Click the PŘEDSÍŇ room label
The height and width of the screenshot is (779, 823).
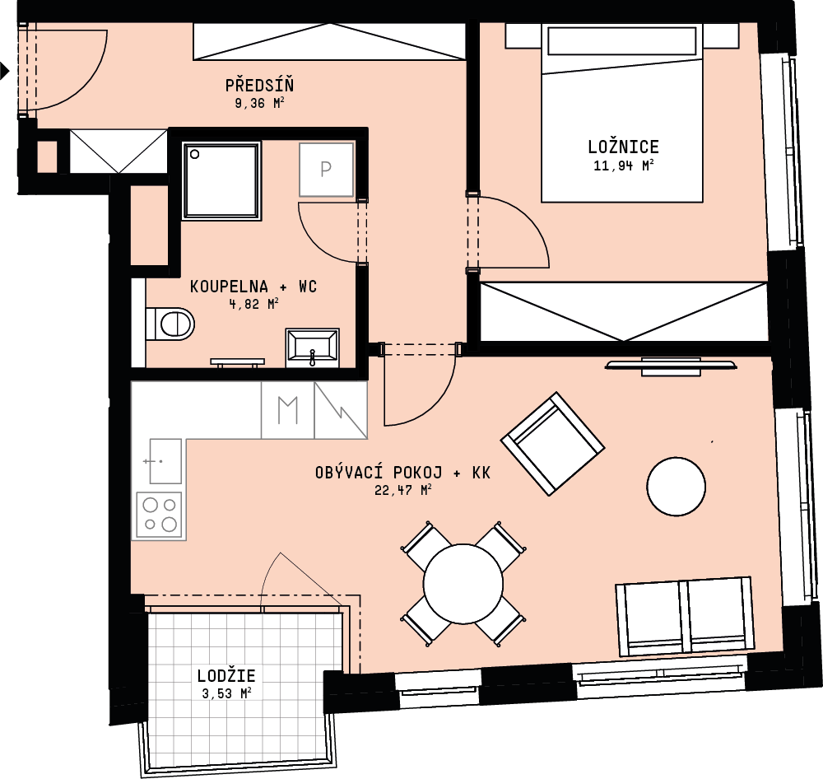(x=259, y=85)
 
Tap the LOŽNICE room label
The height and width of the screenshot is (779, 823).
(x=624, y=147)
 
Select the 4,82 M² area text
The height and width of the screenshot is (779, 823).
(x=253, y=304)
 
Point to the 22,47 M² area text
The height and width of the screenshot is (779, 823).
(x=403, y=490)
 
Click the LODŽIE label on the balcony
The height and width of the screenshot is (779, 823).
(x=226, y=675)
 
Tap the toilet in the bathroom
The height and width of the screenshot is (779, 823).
(x=170, y=324)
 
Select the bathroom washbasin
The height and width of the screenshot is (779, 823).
(x=312, y=348)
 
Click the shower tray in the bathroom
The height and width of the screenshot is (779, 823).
(x=221, y=180)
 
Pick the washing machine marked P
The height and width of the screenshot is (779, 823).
(x=326, y=170)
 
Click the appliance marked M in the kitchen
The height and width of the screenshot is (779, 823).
(x=287, y=410)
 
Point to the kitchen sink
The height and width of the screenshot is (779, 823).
(x=165, y=461)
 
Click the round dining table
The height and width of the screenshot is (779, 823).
(x=463, y=584)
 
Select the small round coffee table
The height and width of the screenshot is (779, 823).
(x=676, y=487)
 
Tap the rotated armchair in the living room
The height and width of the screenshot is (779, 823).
(x=553, y=444)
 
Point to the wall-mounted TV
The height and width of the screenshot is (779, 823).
(x=671, y=366)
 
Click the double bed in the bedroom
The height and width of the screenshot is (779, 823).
(x=622, y=113)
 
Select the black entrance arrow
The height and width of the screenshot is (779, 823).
(x=5, y=70)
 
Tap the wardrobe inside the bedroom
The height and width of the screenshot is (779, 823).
(x=624, y=311)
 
